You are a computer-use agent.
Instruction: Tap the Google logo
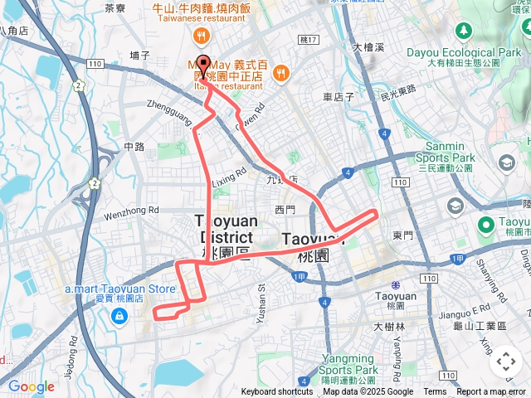pos(31,386)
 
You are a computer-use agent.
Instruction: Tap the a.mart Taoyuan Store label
pos(121,289)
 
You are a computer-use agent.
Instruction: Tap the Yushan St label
pos(261,298)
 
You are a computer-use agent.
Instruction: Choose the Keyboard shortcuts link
pos(277,392)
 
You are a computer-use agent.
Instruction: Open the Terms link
pos(435,392)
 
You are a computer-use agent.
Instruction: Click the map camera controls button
pos(506,362)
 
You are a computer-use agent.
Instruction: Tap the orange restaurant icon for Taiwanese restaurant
pos(201,36)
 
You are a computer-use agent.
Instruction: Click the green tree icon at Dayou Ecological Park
pos(465,31)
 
